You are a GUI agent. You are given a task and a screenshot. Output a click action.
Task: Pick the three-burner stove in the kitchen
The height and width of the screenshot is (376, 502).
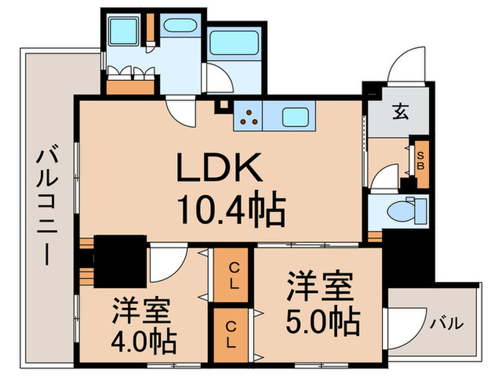tap(248, 117)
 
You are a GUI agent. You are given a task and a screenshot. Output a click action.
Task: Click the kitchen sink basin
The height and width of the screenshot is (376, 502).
tap(295, 116)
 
